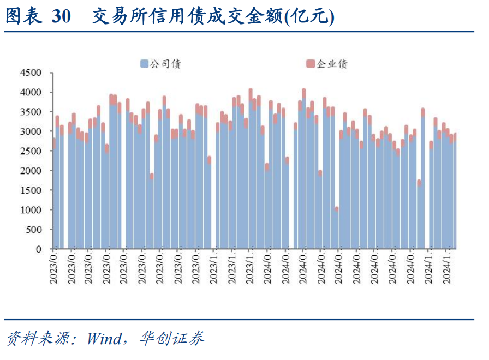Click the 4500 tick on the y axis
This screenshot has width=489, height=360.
[31, 73]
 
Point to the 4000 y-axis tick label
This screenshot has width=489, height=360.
[31, 92]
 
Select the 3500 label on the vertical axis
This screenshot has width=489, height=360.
[31, 112]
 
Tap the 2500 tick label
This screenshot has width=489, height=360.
[31, 151]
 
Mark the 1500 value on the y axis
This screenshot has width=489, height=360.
[31, 190]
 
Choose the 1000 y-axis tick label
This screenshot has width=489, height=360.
[31, 210]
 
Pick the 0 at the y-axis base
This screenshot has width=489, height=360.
[39, 249]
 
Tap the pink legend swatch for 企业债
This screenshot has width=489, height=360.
[310, 64]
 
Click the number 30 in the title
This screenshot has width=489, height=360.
[61, 17]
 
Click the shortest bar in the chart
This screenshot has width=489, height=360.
[336, 229]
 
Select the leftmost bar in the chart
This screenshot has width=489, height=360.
[53, 196]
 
